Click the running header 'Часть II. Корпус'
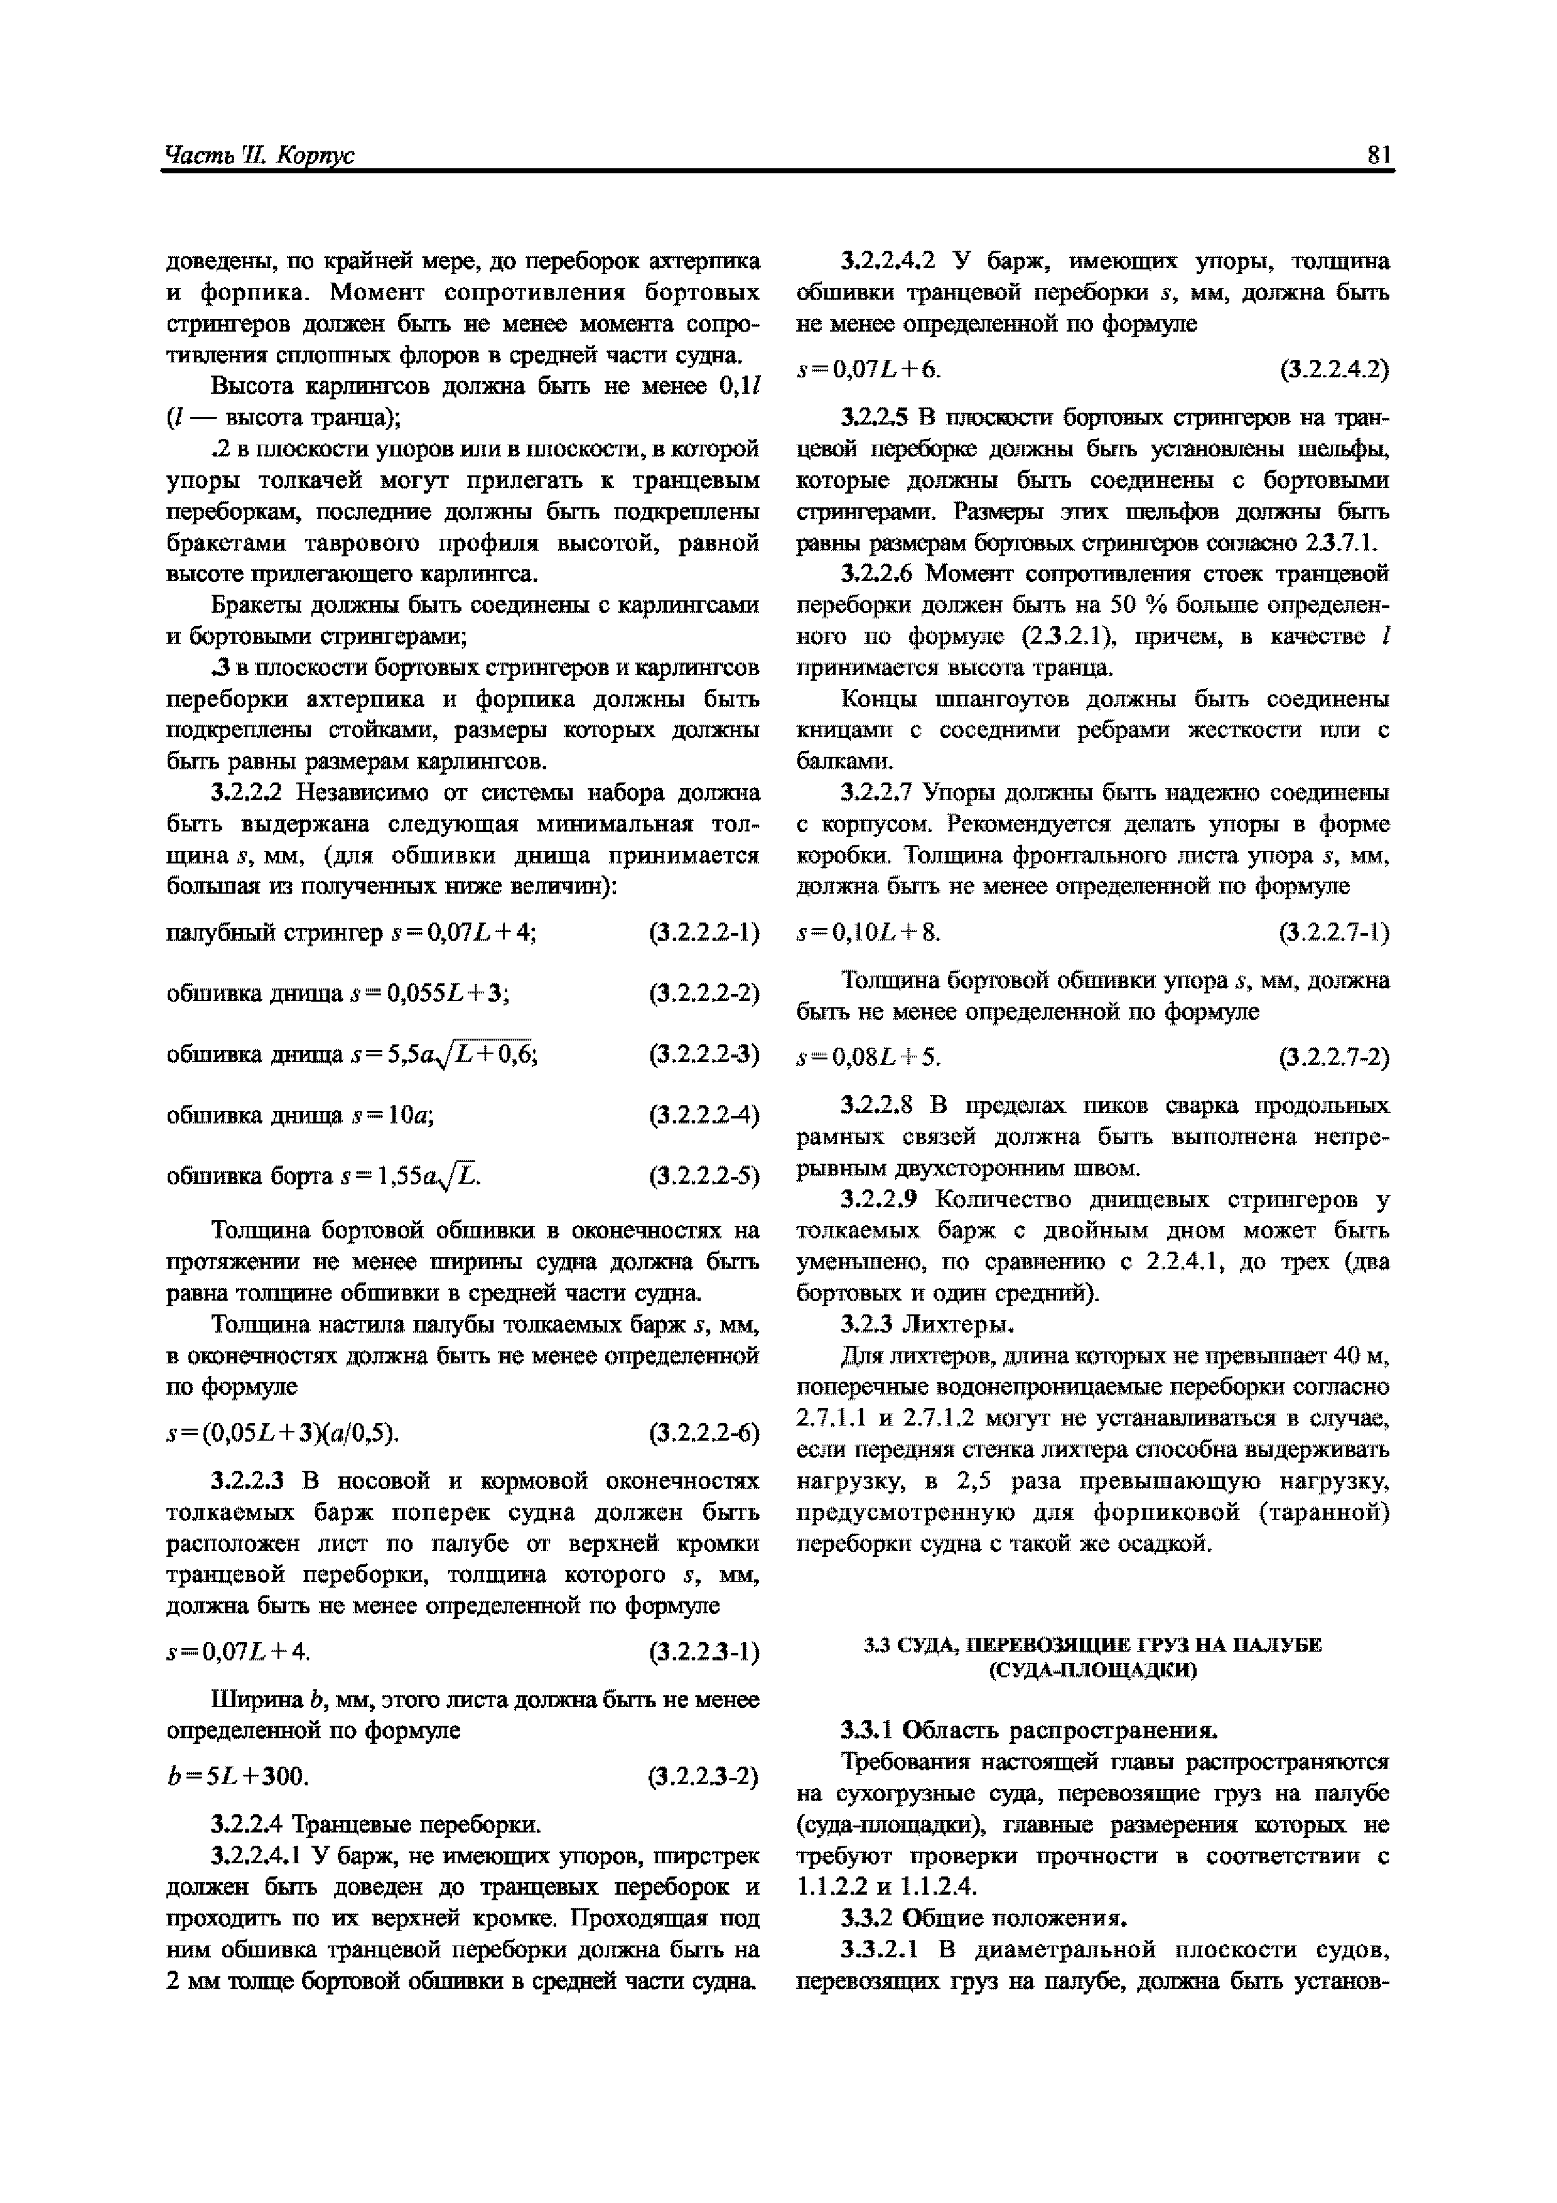(x=259, y=154)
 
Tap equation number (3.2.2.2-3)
(x=703, y=1054)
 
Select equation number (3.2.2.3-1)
(x=703, y=1652)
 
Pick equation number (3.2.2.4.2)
(x=1333, y=369)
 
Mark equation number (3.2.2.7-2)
(x=1333, y=1058)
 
